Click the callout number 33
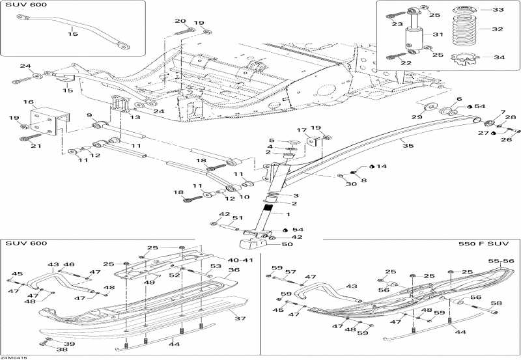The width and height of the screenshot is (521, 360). point(498,10)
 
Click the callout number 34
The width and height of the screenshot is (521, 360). point(498,57)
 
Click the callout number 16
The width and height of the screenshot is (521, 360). point(29,103)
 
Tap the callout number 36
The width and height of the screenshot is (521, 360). point(234,270)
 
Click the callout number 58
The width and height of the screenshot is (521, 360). point(496,303)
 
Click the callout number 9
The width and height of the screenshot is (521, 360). point(89,116)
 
